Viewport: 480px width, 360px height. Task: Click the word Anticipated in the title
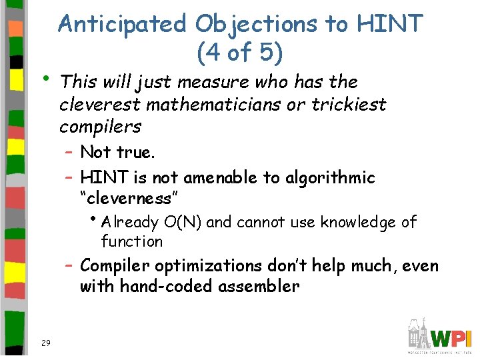[123, 24]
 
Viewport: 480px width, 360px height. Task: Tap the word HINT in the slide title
[390, 24]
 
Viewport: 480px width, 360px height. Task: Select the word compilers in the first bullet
[100, 126]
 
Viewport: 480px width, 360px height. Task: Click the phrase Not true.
[117, 152]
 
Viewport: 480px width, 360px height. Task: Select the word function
[131, 241]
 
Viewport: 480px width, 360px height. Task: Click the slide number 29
[45, 343]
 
